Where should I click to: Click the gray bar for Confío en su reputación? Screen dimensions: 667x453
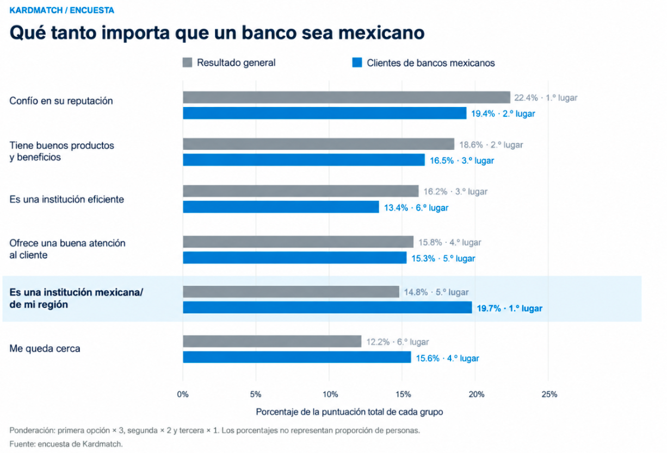coord(347,97)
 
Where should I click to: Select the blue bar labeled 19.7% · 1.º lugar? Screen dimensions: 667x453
coord(328,307)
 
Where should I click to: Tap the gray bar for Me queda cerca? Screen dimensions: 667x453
coord(272,341)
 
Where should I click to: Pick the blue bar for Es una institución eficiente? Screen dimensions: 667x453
coord(281,207)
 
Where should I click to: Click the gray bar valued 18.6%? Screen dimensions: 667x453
coord(319,144)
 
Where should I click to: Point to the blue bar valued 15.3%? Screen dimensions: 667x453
coord(294,257)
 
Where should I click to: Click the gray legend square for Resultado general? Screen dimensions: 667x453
coord(187,62)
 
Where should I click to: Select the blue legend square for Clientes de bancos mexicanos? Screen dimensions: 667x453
coord(357,62)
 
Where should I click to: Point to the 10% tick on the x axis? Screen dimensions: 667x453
coord(330,394)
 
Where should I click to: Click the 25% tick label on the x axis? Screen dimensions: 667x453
coord(549,394)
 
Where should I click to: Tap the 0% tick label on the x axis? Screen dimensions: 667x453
coord(183,394)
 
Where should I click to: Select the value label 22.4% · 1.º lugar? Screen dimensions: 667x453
coord(546,98)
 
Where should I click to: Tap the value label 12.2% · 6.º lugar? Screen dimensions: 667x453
coord(398,342)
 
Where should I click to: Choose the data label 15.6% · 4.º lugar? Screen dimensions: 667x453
coord(447,358)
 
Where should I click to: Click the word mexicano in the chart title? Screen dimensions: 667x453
coord(381,33)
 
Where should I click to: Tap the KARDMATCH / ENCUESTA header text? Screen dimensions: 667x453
coord(61,10)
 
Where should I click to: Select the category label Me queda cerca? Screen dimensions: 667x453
coord(45,348)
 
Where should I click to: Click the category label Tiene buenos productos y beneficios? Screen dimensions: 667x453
coord(61,152)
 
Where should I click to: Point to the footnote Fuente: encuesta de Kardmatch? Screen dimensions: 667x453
coord(66,444)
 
